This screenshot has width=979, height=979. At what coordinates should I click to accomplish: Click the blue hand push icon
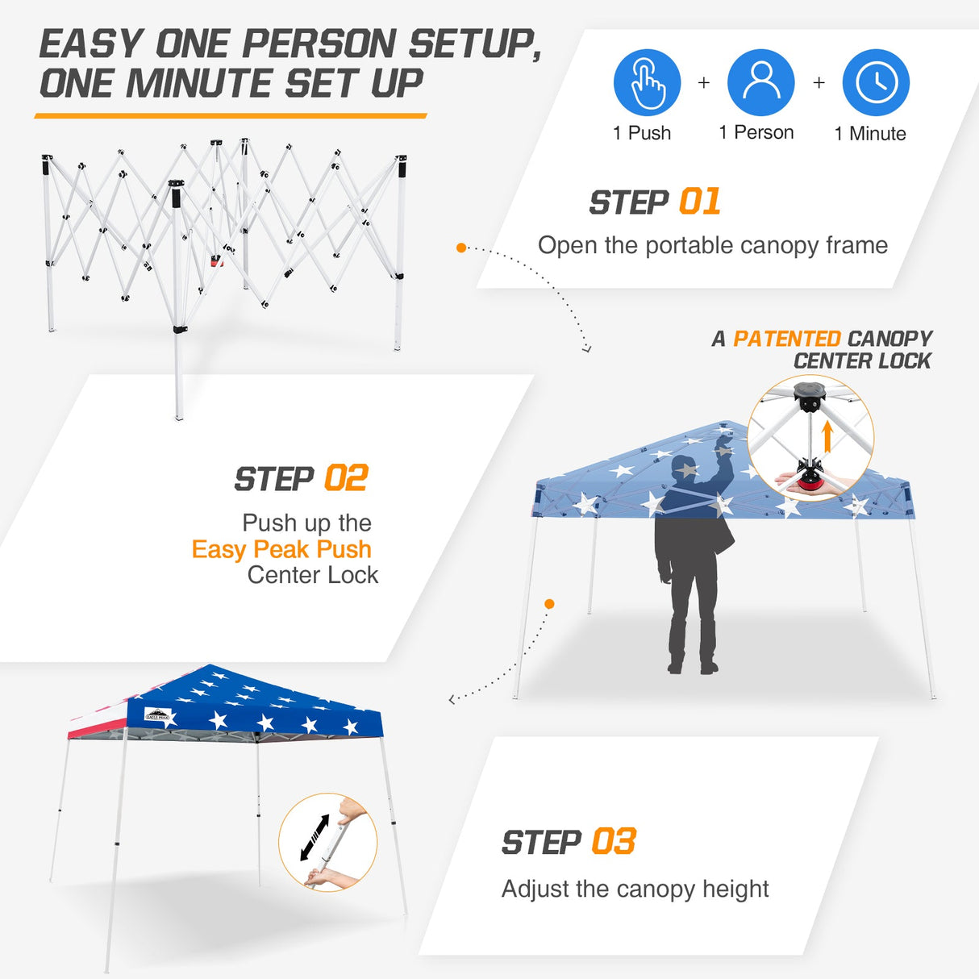click(647, 82)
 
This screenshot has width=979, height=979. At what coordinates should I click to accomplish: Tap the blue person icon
click(760, 82)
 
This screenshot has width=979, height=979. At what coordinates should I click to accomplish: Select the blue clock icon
click(876, 82)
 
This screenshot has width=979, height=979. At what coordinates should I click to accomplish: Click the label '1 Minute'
click(870, 134)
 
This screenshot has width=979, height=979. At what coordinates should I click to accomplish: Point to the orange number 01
click(700, 202)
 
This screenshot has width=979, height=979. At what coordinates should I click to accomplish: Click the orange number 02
click(346, 478)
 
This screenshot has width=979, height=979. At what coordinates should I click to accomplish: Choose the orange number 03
click(614, 842)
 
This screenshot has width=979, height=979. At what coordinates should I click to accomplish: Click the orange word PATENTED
click(786, 339)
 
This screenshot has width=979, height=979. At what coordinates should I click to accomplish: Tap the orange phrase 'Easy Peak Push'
click(281, 549)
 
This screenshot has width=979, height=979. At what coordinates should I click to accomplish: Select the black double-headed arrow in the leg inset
click(315, 837)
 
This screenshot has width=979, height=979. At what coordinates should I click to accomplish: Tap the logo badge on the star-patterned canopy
click(157, 714)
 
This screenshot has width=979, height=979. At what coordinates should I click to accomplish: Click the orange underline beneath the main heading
click(230, 116)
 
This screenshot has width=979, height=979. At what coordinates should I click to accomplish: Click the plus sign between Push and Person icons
click(704, 82)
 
